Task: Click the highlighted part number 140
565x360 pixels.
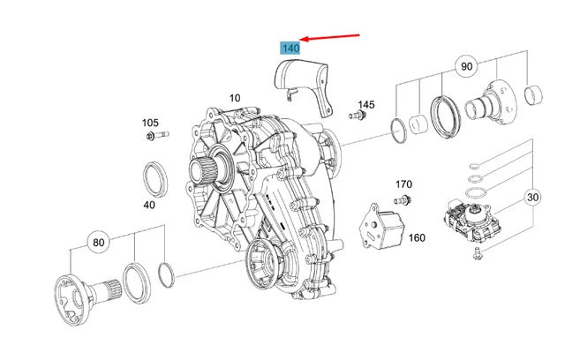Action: (x=290, y=48)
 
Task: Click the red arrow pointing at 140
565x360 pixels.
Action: (x=331, y=38)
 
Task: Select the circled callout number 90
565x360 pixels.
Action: (x=465, y=66)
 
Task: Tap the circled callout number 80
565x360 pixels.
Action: (x=99, y=241)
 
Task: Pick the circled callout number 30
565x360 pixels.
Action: (x=534, y=198)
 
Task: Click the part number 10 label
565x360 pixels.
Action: (x=235, y=98)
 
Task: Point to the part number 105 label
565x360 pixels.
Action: (x=151, y=123)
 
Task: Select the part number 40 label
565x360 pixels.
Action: (x=149, y=205)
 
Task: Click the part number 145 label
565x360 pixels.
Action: (x=366, y=104)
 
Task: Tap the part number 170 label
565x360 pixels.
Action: (x=403, y=184)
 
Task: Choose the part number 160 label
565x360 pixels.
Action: (x=417, y=237)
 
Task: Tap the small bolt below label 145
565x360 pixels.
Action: (x=358, y=116)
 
